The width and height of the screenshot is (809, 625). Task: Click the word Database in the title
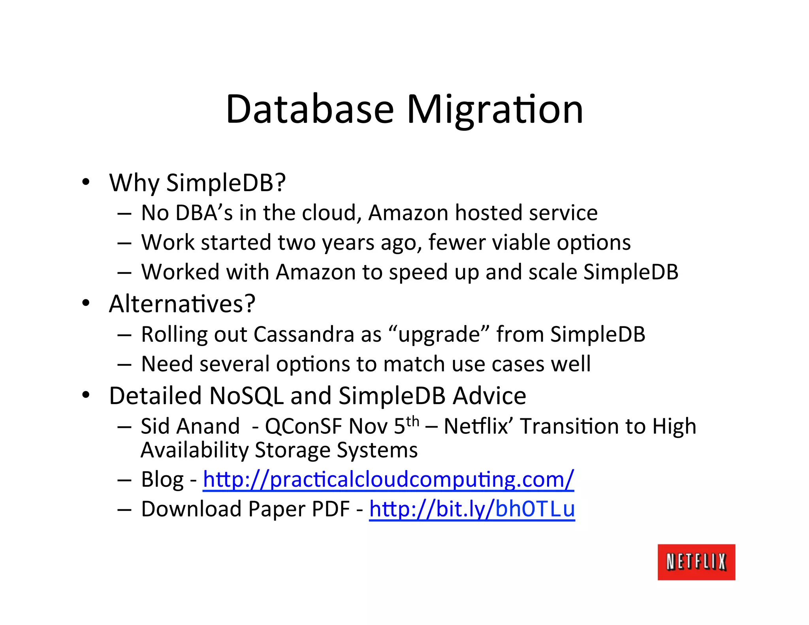(x=310, y=109)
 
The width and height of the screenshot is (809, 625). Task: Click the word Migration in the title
(x=495, y=110)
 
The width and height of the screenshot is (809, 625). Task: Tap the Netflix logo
(x=696, y=562)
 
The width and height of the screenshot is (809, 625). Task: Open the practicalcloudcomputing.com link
(x=388, y=479)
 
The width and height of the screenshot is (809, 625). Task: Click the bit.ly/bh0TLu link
(x=472, y=509)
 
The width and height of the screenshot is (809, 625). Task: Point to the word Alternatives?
(x=182, y=304)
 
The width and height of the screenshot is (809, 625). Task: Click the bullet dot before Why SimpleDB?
(x=86, y=183)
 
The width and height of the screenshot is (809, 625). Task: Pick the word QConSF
(x=303, y=426)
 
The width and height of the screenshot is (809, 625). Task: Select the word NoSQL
(x=246, y=396)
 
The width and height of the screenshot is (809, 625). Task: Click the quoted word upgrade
(x=439, y=335)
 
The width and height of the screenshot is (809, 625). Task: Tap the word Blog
(x=162, y=480)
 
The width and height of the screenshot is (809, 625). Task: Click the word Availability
(x=194, y=450)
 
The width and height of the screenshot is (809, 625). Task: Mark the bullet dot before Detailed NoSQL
(x=86, y=395)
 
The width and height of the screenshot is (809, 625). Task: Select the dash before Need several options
(x=124, y=364)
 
